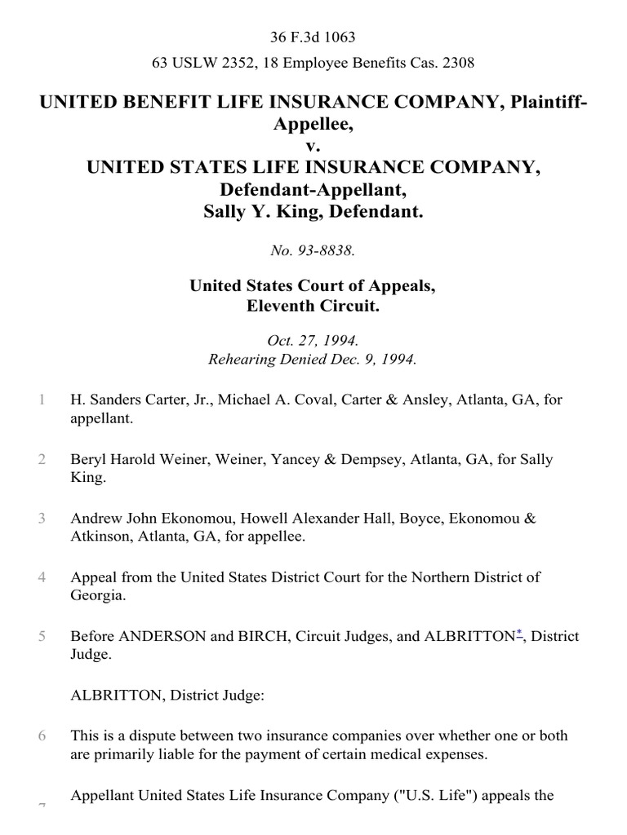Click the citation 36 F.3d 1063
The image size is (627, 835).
click(313, 38)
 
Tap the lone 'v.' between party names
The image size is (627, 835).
click(313, 147)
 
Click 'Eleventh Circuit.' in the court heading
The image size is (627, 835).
click(313, 307)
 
